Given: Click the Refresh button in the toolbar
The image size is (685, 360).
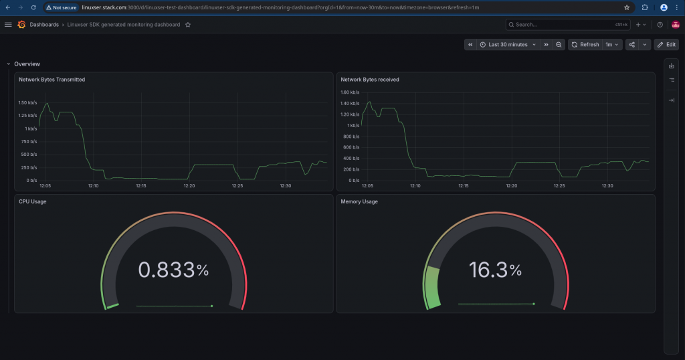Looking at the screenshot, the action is [x=585, y=45].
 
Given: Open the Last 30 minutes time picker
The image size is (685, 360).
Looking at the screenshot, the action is [x=508, y=45].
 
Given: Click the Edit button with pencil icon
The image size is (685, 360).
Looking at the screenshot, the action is [x=667, y=45].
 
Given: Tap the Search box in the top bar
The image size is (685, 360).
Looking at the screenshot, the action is [x=568, y=25].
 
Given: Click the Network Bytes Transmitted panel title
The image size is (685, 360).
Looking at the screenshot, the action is [x=52, y=80].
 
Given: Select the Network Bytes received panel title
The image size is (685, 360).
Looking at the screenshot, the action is [x=369, y=80].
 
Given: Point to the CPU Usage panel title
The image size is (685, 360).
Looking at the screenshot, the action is [x=32, y=201].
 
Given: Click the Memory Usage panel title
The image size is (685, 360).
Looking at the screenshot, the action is [x=359, y=201].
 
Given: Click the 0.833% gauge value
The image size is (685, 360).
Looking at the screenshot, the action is [x=173, y=270].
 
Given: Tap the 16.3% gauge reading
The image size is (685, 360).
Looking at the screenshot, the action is [x=496, y=270].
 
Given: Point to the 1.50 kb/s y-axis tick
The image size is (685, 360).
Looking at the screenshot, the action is [x=27, y=102].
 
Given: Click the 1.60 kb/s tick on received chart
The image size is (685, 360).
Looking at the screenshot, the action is [x=350, y=92].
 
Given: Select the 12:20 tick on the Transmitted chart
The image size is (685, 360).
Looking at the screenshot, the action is [x=189, y=185].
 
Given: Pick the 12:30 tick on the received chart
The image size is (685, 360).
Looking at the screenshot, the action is [x=607, y=185].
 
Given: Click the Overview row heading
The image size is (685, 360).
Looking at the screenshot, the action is [x=27, y=64].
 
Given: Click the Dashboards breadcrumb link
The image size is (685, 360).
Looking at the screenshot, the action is [x=44, y=25].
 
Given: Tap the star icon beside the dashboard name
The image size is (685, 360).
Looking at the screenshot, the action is [x=188, y=25].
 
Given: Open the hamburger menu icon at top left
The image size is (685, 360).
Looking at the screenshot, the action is [x=8, y=25].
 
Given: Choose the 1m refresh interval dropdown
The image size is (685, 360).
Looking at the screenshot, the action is [x=611, y=45].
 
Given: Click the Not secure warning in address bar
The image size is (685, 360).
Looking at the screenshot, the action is [x=61, y=7].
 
